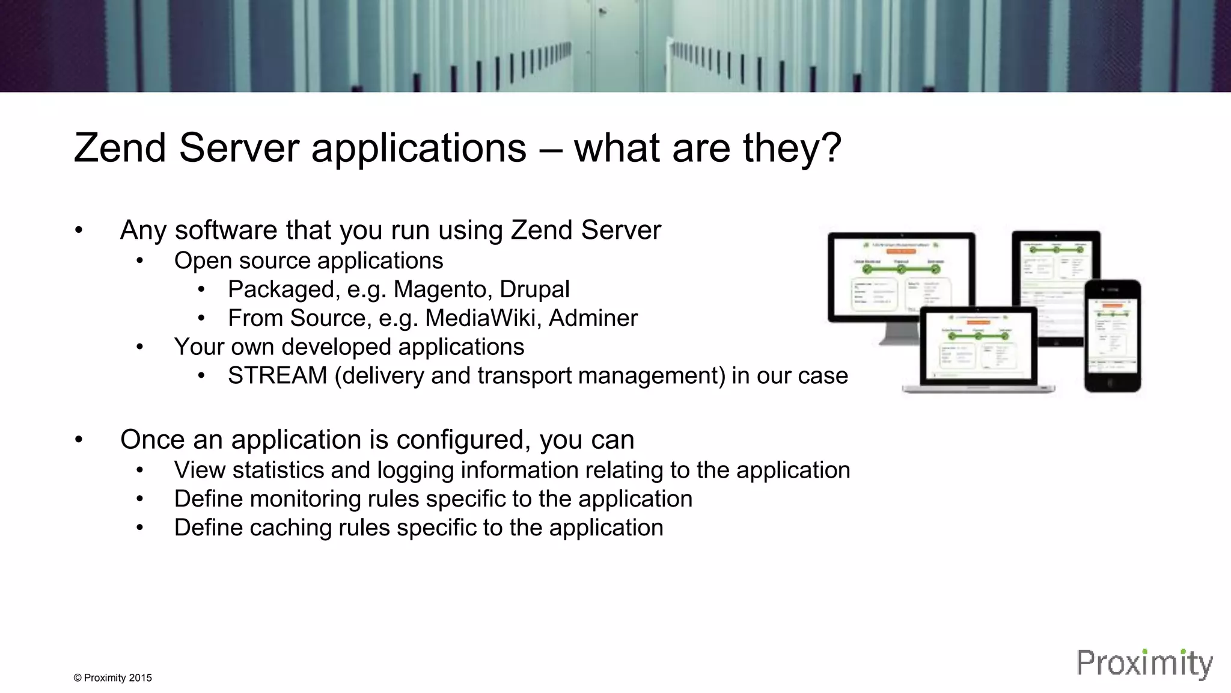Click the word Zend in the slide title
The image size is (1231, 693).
[120, 148]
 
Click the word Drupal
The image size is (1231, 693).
[534, 289]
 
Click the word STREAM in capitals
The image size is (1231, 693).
[277, 375]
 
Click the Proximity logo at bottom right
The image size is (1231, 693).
[1144, 664]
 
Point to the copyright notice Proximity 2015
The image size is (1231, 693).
[112, 678]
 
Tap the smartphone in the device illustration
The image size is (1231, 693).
[1113, 336]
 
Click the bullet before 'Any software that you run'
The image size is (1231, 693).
[78, 230]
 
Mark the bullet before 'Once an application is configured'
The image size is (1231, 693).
[78, 440]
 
